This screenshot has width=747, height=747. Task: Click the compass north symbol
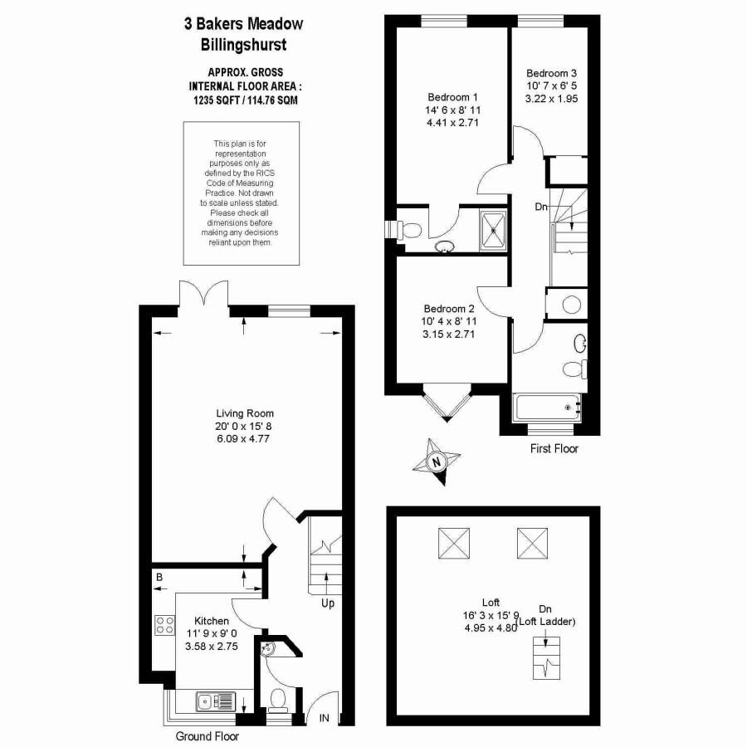click(x=436, y=462)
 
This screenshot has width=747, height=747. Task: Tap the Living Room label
click(x=245, y=413)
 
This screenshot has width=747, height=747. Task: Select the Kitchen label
click(x=212, y=621)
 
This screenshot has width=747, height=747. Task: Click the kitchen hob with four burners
click(x=165, y=625)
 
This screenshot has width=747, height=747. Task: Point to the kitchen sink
click(x=215, y=701)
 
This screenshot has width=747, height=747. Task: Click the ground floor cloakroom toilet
click(x=277, y=701)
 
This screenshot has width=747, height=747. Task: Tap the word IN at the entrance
click(x=324, y=718)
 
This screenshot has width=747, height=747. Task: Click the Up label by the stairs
click(x=328, y=603)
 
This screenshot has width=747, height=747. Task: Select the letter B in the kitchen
click(x=159, y=578)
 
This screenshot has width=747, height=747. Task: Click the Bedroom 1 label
click(x=452, y=97)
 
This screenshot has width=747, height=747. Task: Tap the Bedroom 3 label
click(x=551, y=73)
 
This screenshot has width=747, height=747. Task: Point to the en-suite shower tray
click(x=494, y=231)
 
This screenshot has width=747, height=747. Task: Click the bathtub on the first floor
click(x=546, y=408)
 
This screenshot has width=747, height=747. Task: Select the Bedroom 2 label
click(x=449, y=309)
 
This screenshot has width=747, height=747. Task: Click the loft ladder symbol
click(x=546, y=658)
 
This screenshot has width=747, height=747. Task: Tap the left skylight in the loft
click(x=454, y=543)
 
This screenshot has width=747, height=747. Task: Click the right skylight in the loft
click(x=532, y=543)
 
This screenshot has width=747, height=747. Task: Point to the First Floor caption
click(x=554, y=449)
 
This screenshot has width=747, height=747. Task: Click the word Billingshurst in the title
click(x=243, y=46)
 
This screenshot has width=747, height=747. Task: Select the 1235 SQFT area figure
click(x=217, y=100)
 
